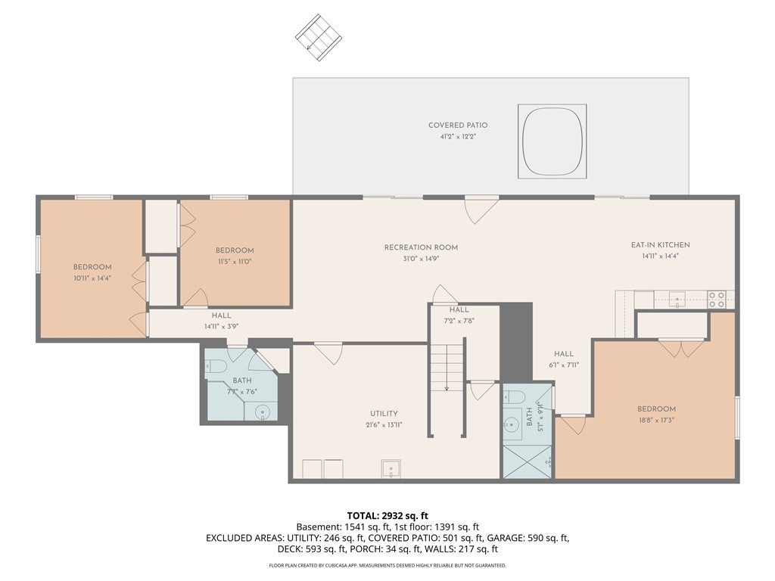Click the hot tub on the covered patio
552,141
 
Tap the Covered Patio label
458,126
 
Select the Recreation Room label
421,247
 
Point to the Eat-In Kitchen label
660,245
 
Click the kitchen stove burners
716,300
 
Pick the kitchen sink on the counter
677,299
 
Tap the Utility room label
384,414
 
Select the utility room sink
391,469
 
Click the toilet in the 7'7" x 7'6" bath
216,366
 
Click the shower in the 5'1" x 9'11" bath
527,461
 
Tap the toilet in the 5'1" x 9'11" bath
514,397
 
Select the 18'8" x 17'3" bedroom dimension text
656,421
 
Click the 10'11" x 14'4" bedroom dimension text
92,278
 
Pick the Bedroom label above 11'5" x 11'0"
235,250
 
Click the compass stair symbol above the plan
319,37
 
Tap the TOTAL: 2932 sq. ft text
387,516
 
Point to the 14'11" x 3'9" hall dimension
222,327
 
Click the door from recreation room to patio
481,210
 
